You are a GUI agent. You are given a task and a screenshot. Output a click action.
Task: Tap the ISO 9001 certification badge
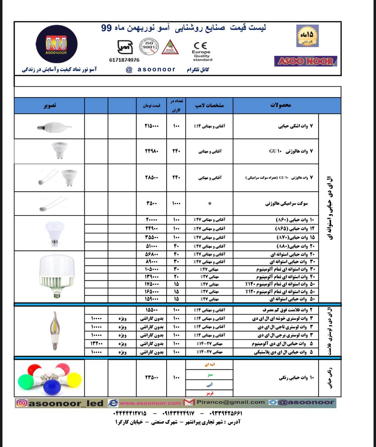(149, 46)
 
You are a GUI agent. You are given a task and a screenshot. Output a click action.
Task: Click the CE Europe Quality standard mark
(201, 51)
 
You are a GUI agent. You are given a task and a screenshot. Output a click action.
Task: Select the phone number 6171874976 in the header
(124, 60)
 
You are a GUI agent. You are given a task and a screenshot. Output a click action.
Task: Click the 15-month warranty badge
(307, 36)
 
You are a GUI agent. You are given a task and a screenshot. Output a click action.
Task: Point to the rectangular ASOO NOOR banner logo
(306, 61)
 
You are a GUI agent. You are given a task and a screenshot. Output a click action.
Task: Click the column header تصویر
(49, 105)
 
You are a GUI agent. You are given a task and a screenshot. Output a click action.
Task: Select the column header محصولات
(281, 105)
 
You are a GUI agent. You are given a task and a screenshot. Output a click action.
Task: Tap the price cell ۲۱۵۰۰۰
(152, 126)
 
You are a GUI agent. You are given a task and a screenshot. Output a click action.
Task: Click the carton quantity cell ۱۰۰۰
(176, 203)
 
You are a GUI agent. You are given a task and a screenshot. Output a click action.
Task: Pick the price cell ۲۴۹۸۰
(152, 151)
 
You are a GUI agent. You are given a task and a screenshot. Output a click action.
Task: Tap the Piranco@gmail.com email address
(230, 402)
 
